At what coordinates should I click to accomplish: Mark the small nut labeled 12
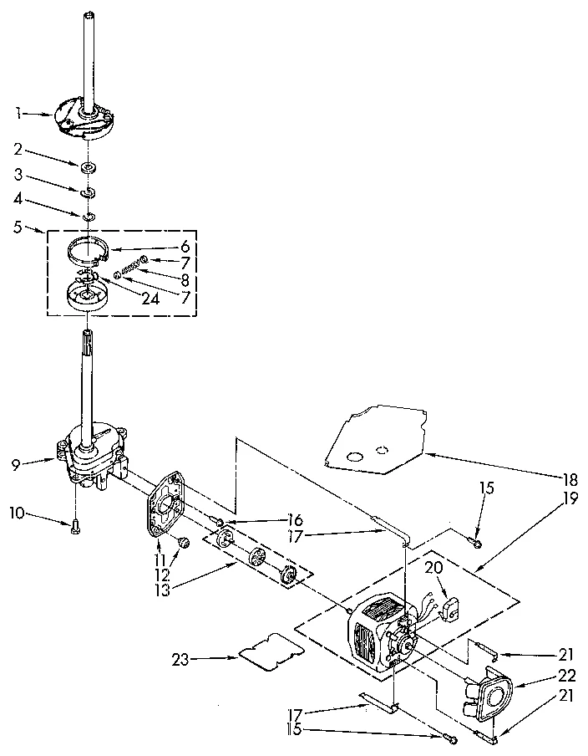(180, 544)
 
